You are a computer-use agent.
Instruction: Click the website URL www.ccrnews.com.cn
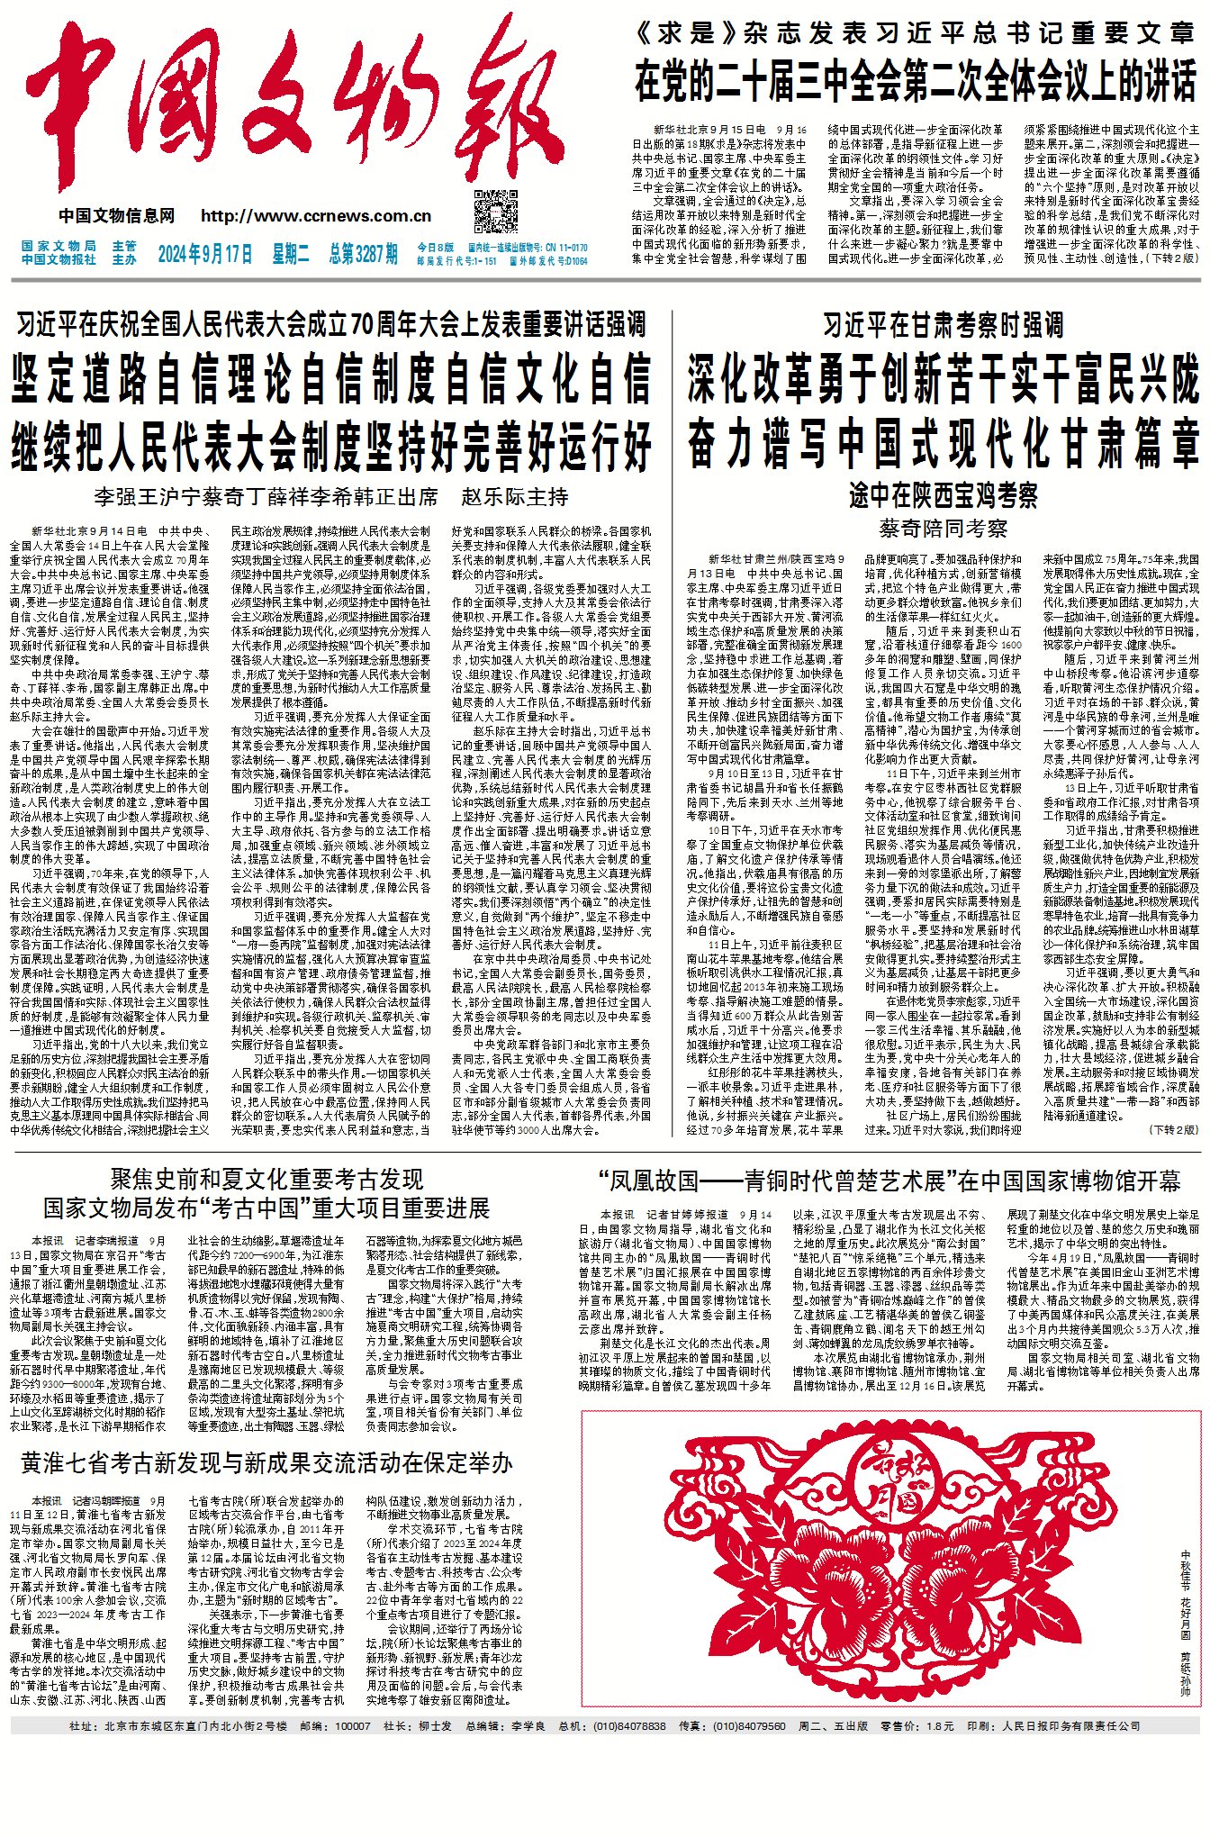coord(316,216)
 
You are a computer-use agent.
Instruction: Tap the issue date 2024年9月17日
coord(205,254)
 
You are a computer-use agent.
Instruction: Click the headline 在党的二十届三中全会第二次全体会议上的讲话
coord(916,81)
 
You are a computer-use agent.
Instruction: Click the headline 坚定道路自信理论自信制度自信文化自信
coord(330,378)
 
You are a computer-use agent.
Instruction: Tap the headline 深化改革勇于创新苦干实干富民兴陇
coord(943,378)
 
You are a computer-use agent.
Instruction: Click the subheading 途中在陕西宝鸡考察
coord(943,495)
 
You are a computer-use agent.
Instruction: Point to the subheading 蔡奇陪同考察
coord(943,529)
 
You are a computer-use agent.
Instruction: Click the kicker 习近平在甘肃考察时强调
coord(943,325)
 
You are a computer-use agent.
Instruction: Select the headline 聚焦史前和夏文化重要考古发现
coord(266,1180)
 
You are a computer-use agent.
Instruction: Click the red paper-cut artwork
coord(878,1558)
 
